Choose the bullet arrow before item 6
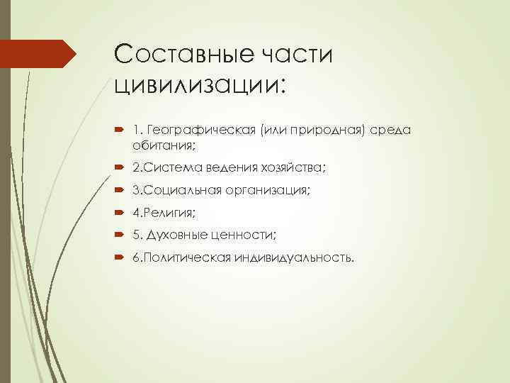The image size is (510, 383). click(117, 257)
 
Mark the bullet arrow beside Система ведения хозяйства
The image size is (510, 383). click(117, 167)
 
